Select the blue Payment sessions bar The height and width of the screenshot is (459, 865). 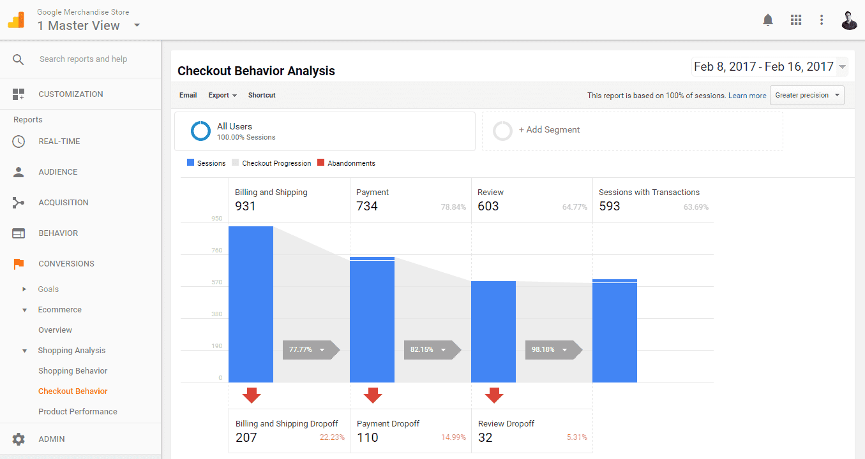pyautogui.click(x=372, y=319)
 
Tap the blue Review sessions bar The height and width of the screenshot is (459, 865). pyautogui.click(x=493, y=331)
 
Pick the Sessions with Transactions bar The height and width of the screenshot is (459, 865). pyautogui.click(x=615, y=331)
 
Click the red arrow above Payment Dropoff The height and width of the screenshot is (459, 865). pyautogui.click(x=373, y=396)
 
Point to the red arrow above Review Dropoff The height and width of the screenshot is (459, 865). pyautogui.click(x=494, y=396)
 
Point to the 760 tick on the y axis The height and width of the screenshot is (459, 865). pyautogui.click(x=216, y=251)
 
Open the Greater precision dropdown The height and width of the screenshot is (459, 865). pyautogui.click(x=807, y=96)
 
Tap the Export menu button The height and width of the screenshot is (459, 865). pyautogui.click(x=222, y=96)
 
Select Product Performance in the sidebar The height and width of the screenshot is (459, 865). pyautogui.click(x=78, y=412)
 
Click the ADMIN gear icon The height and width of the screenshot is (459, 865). pyautogui.click(x=19, y=439)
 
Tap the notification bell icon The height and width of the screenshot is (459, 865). pyautogui.click(x=768, y=20)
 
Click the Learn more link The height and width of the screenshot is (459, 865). pyautogui.click(x=747, y=96)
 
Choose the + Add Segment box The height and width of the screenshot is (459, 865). pyautogui.click(x=632, y=130)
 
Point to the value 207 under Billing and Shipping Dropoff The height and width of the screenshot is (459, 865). pyautogui.click(x=246, y=437)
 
